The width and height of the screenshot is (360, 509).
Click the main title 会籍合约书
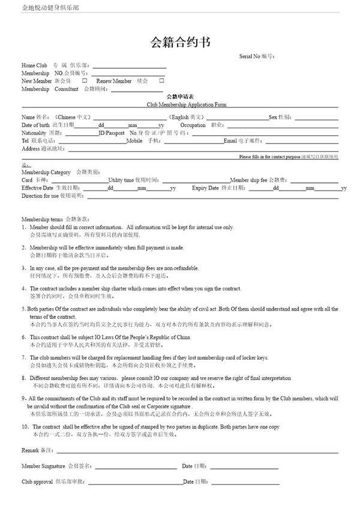click(x=179, y=42)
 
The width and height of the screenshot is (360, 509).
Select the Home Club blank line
click(x=128, y=67)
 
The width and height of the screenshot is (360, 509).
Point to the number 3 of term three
click(x=24, y=268)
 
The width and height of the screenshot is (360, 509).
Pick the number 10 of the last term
click(x=26, y=426)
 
